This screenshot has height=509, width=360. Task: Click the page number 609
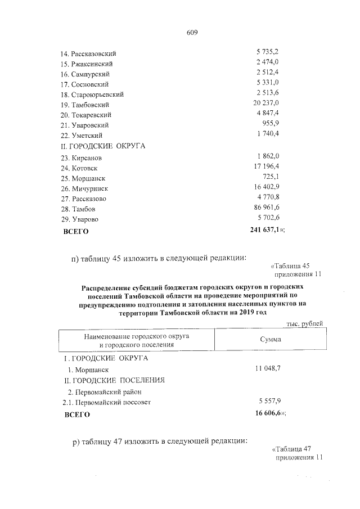click(192, 32)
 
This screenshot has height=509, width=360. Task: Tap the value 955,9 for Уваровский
click(272, 124)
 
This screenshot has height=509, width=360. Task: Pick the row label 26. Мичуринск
click(85, 188)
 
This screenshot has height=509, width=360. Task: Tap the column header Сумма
click(271, 340)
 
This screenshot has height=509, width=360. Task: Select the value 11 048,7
click(271, 368)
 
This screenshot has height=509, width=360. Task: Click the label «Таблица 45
click(291, 265)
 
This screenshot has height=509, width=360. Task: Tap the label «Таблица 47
click(291, 449)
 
